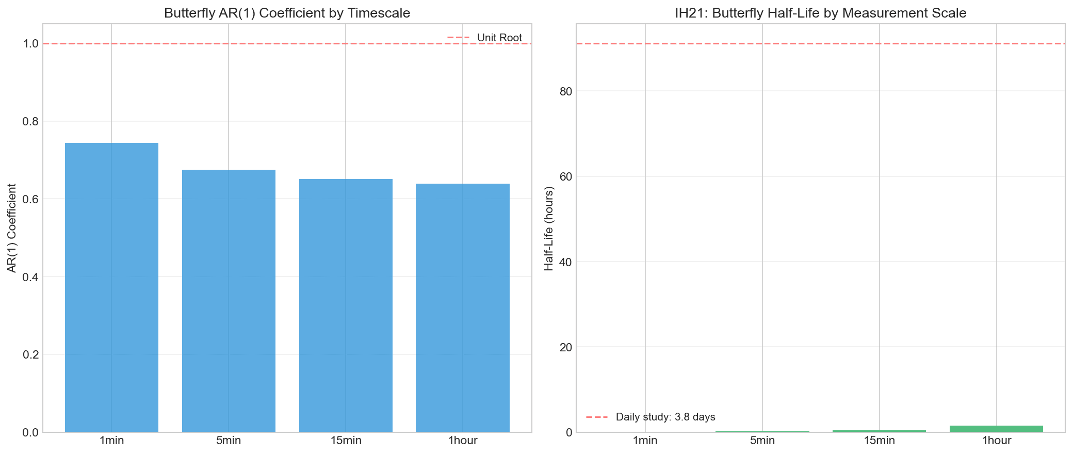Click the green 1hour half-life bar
click(996, 429)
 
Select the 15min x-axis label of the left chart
click(346, 441)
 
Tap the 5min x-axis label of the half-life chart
click(762, 441)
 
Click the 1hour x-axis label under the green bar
click(996, 441)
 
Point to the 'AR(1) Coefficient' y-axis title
click(12, 228)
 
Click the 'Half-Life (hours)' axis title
click(549, 228)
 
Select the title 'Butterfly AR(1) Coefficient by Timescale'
click(287, 13)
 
